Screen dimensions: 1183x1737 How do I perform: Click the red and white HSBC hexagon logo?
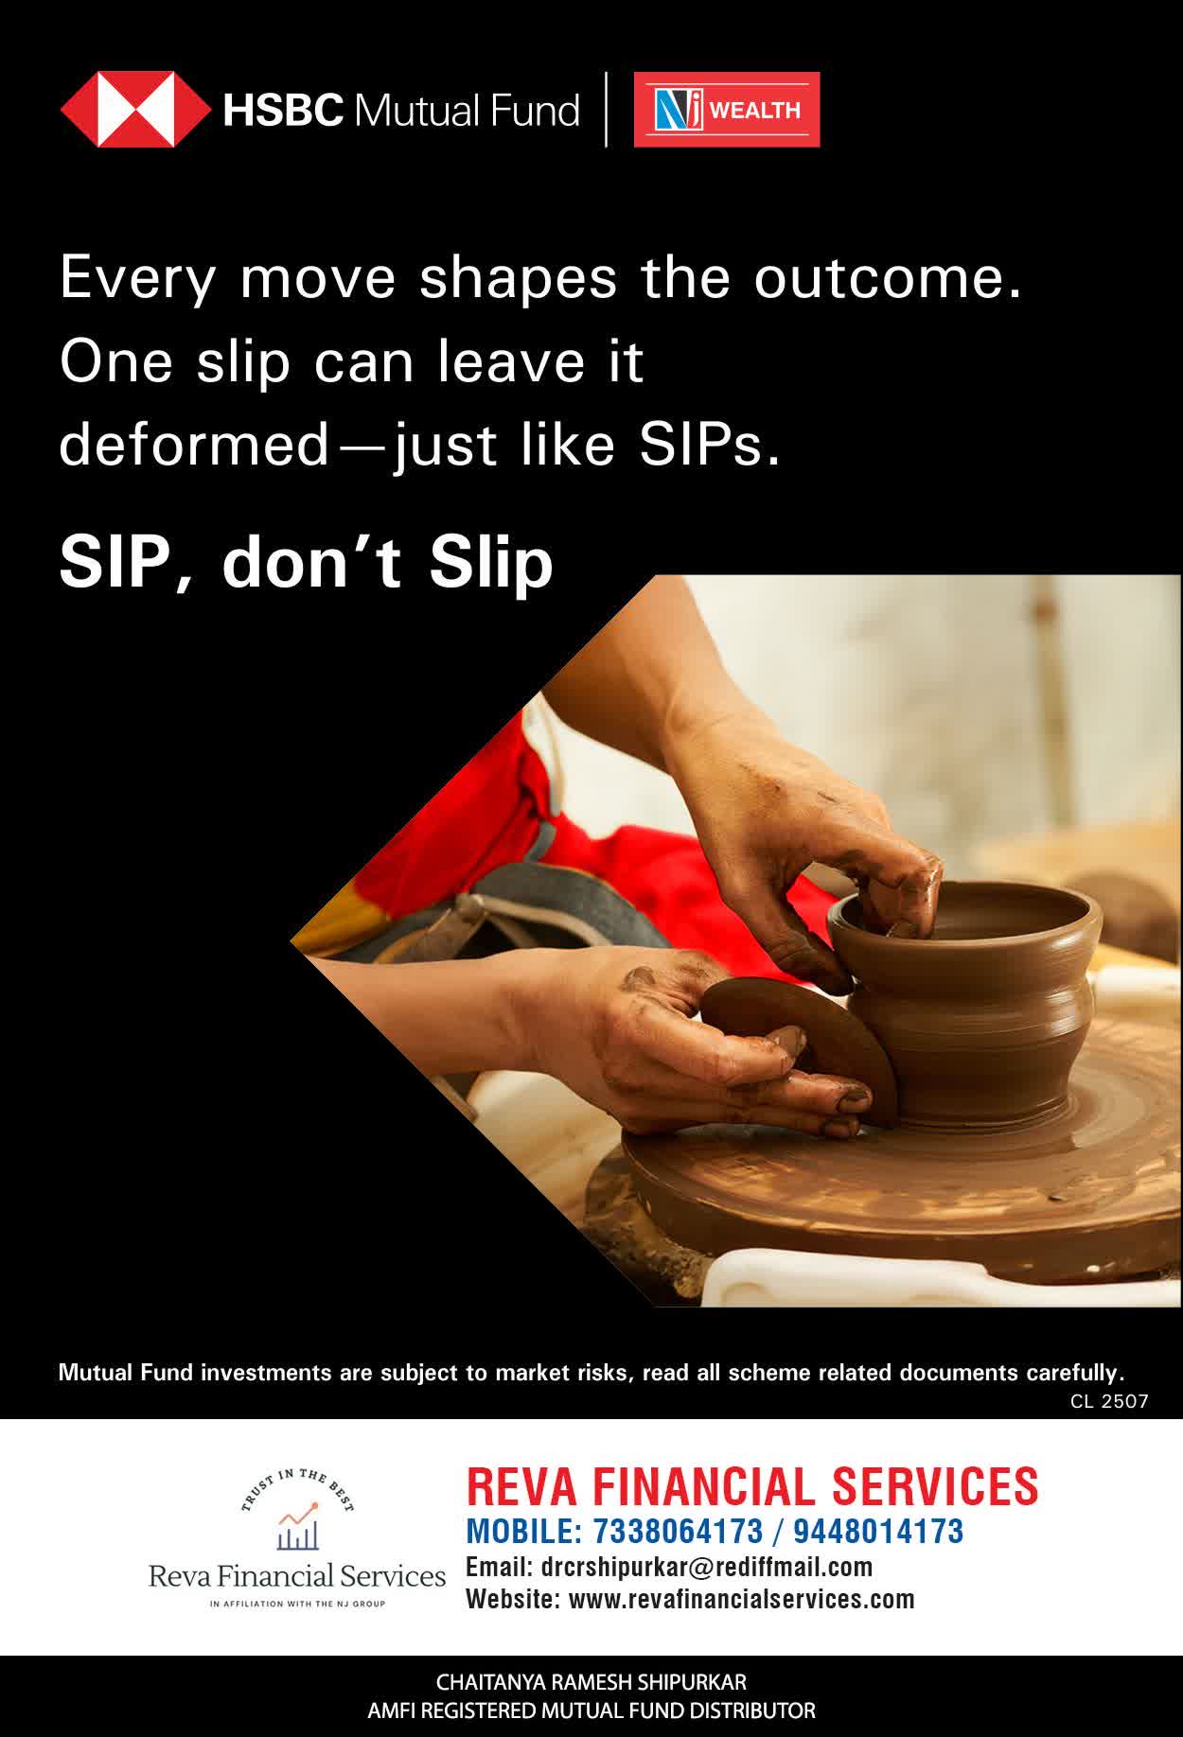135,110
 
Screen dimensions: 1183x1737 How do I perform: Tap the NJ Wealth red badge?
727,110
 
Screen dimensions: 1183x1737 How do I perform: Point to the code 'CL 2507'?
1109,1401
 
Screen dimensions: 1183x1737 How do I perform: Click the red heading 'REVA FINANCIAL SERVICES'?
752,1486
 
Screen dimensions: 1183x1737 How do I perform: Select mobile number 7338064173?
678,1532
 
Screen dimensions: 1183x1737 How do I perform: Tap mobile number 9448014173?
878,1532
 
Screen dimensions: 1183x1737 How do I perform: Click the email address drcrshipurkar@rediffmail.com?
707,1568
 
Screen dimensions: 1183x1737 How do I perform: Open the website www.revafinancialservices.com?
742,1600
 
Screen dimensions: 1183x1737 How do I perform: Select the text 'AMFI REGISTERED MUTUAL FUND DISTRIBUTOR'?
591,1711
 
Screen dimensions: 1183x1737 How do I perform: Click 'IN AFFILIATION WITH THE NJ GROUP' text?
297,1604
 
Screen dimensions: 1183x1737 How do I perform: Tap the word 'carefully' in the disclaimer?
1072,1373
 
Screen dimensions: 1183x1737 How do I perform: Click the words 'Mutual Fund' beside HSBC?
467,111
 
